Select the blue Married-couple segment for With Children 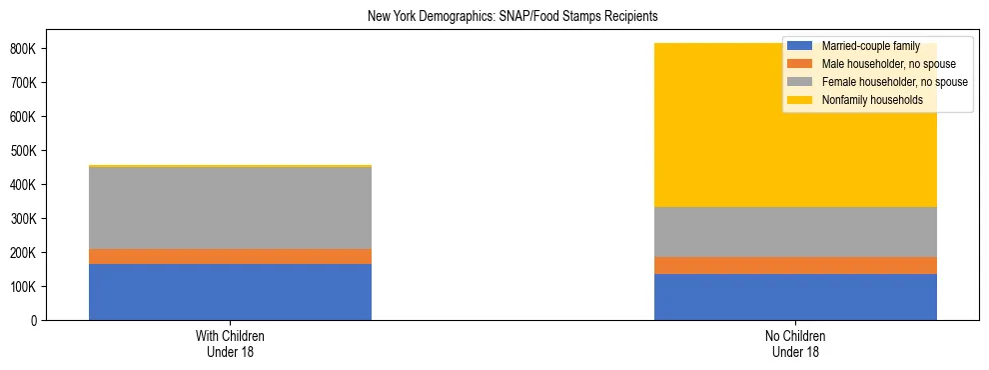(230, 292)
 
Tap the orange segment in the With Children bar (230, 256)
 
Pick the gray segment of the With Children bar (230, 208)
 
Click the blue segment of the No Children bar (795, 297)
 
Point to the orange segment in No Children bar (795, 265)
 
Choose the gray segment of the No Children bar (795, 232)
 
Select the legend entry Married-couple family (870, 46)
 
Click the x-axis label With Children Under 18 (230, 344)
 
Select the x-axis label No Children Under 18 (795, 344)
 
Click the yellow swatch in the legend (800, 100)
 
